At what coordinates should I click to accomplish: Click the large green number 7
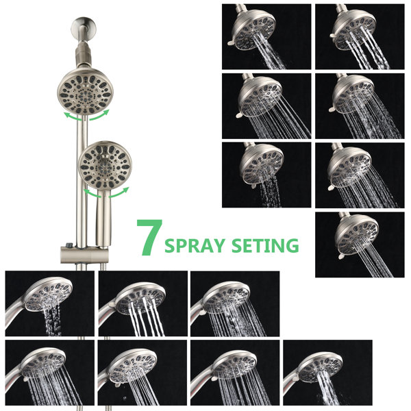tap(149, 237)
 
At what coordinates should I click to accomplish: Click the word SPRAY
tap(195, 246)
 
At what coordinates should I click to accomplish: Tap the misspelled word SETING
tap(265, 245)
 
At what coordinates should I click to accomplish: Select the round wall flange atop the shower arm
tap(84, 27)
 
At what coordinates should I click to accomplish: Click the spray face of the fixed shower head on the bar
tap(84, 92)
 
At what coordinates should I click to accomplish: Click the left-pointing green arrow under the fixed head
tap(73, 116)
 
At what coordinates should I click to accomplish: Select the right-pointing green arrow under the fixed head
tap(99, 115)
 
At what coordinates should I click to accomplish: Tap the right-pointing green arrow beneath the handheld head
tap(119, 192)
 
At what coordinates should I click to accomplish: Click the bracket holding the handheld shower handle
tap(84, 254)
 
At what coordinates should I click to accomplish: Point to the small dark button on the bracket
tap(69, 245)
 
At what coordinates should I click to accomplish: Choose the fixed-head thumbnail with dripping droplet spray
tap(266, 175)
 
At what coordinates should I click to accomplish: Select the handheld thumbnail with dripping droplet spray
tap(50, 303)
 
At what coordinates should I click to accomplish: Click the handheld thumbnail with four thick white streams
tap(143, 303)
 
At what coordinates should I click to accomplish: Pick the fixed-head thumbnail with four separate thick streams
tap(360, 37)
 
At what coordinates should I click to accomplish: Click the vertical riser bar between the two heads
tap(82, 181)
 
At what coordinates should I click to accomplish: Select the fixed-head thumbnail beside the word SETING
tap(360, 245)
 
